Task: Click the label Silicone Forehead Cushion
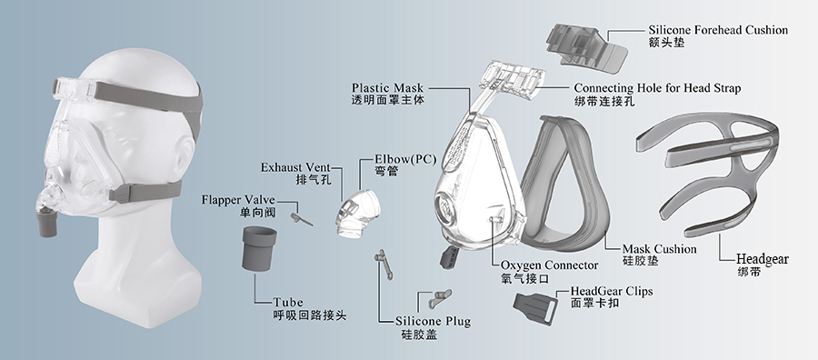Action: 717,30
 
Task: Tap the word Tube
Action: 288,302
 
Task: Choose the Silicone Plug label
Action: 434,321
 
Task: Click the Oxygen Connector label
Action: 549,265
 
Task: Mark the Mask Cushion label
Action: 659,248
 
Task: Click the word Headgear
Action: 761,259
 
